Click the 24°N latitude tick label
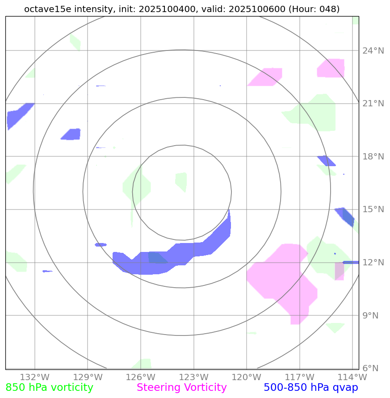point(373,51)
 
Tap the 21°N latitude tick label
point(373,104)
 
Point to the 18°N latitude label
point(373,157)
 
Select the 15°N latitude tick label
point(373,209)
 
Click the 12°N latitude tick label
point(373,263)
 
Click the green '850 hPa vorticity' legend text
point(49,388)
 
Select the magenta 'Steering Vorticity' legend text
point(182,388)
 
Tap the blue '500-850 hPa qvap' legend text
point(311,388)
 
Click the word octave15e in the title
point(43,9)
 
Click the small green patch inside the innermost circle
point(181,181)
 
